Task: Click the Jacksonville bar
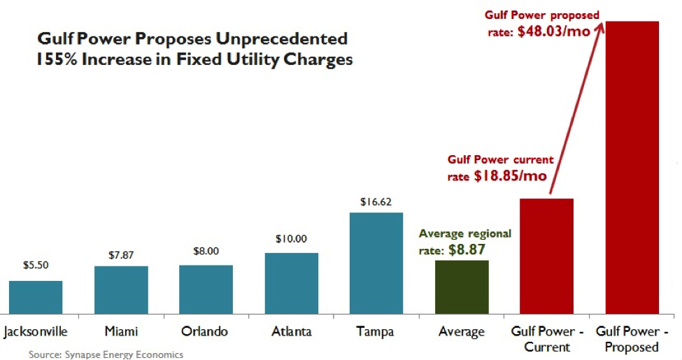tap(36, 297)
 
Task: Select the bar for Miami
tap(121, 289)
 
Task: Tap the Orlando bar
tap(206, 289)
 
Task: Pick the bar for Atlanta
tap(291, 283)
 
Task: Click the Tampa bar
tap(376, 263)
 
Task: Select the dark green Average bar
tap(462, 287)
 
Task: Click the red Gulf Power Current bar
tap(546, 256)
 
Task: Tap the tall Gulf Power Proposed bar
tap(632, 168)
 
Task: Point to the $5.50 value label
tap(36, 266)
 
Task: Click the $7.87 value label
tap(121, 255)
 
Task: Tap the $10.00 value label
tap(291, 238)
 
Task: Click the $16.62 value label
tap(376, 202)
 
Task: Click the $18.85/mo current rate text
tap(509, 176)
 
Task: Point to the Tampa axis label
tap(376, 331)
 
